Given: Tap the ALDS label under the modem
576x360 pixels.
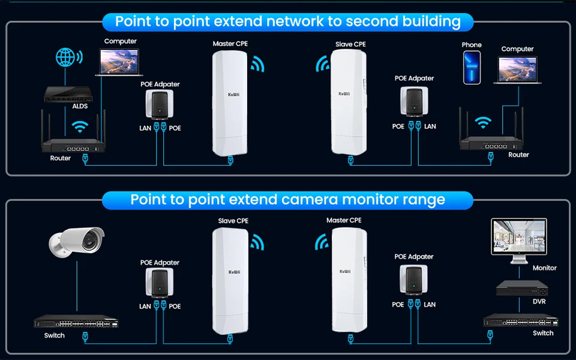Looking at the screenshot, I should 63,106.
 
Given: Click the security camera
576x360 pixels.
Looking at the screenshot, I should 76,241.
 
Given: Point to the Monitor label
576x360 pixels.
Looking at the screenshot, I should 544,268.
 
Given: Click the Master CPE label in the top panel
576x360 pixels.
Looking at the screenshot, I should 230,44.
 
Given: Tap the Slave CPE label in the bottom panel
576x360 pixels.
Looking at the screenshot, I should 233,221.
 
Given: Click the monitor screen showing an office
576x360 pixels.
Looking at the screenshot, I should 518,236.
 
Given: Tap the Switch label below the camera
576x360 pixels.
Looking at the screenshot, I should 54,335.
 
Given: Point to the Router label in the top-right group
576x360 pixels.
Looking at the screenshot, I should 518,154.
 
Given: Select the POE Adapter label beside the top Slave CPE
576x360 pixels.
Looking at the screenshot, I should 414,78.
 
